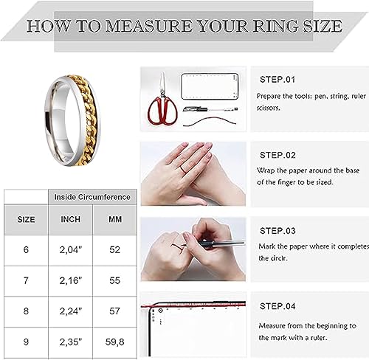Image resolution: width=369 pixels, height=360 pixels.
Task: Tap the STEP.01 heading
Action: tap(277, 78)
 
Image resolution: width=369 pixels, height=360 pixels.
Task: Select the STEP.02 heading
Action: tap(277, 156)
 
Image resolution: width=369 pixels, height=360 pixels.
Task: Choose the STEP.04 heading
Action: tap(277, 305)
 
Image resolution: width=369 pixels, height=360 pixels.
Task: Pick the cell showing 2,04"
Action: tap(71, 250)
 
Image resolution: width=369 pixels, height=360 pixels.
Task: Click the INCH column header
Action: tap(71, 219)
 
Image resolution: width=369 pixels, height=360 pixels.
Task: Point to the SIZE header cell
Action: tap(26, 219)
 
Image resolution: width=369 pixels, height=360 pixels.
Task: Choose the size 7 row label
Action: tap(26, 281)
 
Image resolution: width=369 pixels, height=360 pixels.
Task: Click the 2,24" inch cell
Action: tap(71, 311)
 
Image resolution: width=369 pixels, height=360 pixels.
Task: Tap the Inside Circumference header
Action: tap(92, 197)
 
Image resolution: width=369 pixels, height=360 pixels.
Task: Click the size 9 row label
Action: tap(26, 342)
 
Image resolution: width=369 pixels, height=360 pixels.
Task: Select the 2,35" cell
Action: tap(71, 342)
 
